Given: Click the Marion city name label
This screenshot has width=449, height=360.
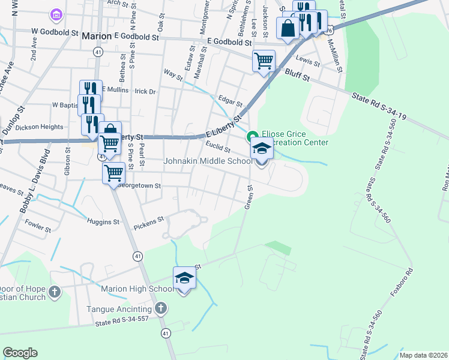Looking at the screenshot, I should [x=97, y=36].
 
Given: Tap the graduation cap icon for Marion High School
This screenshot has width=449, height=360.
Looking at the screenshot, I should [x=184, y=278].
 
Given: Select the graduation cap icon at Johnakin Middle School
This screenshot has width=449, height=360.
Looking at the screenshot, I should [x=262, y=148].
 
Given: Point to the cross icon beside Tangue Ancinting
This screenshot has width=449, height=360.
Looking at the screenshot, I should [x=160, y=308].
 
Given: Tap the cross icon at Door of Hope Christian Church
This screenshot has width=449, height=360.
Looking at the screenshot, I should [x=54, y=292].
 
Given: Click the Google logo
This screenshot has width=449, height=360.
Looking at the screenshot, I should [x=20, y=353].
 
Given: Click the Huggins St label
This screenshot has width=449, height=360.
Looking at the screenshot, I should [x=104, y=222].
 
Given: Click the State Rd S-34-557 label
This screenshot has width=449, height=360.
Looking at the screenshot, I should [x=122, y=324].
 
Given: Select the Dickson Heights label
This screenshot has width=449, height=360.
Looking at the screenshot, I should [x=39, y=127].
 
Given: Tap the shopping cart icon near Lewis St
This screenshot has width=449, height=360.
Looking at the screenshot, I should [x=264, y=61].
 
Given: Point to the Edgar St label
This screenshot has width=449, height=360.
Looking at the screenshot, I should [x=230, y=103].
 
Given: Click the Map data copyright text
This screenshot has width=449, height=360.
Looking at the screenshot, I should [x=423, y=355].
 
